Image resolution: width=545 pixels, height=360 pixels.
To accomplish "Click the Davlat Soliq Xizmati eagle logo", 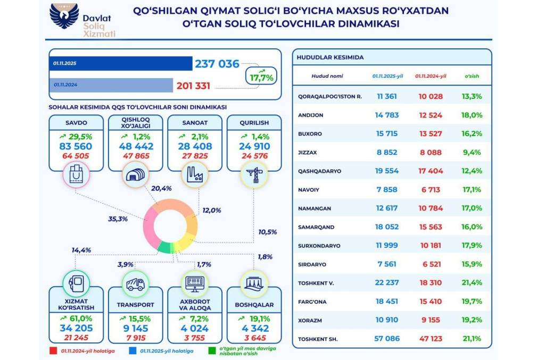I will (x=64, y=17).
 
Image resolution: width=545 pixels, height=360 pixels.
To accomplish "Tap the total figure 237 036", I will (x=217, y=64).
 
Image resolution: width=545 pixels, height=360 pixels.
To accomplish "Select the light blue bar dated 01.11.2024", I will (x=112, y=85).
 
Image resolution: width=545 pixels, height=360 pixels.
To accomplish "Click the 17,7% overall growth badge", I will (x=261, y=76).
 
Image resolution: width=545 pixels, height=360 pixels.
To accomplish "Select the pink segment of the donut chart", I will (x=151, y=229).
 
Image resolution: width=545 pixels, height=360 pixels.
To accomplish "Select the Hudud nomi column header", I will (x=327, y=76).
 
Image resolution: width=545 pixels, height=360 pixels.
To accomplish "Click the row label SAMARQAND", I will (x=316, y=227).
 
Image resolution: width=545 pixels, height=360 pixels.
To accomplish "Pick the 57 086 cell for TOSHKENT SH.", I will (x=387, y=338).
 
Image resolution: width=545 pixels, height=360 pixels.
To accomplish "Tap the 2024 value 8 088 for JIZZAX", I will (x=428, y=152).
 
